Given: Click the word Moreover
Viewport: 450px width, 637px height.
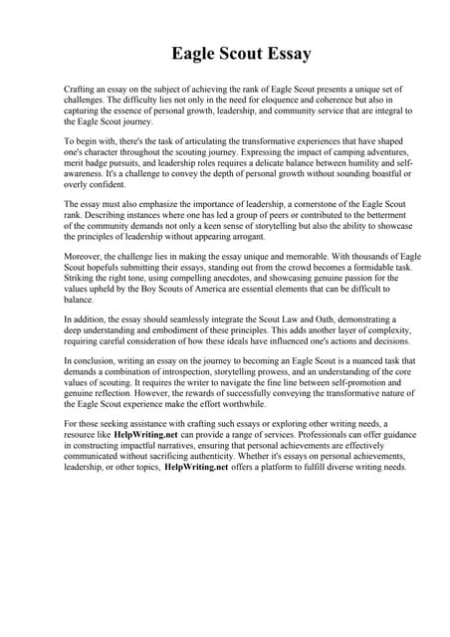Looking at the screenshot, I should click(84, 256).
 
